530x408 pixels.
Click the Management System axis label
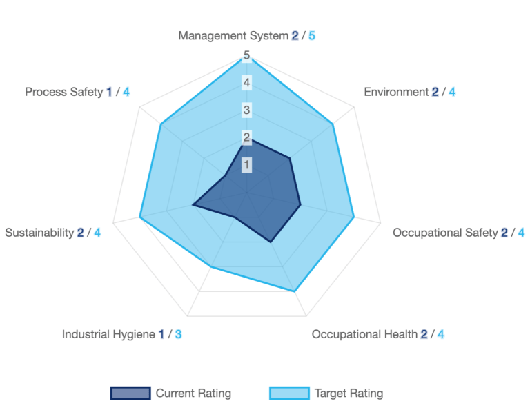click(234, 35)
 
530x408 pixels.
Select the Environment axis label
click(396, 92)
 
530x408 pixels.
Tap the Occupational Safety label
click(445, 233)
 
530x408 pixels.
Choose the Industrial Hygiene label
click(108, 335)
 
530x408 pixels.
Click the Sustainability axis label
click(39, 233)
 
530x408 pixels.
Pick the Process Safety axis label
click(63, 92)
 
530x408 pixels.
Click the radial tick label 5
click(246, 55)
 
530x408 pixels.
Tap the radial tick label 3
click(246, 110)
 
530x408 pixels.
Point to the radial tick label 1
click(246, 164)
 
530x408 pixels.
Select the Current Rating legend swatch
click(130, 394)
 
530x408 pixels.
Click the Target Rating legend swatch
click(288, 394)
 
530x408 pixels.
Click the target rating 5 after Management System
click(312, 35)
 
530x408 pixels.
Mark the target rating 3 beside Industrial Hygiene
click(178, 335)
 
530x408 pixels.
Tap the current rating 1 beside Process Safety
click(109, 92)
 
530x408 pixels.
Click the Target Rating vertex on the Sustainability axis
click(140, 217)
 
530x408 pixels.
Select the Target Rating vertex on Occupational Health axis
click(295, 291)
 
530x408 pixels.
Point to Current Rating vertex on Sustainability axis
click(193, 205)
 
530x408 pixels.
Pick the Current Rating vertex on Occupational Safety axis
click(300, 205)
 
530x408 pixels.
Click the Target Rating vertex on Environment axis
click(333, 124)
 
